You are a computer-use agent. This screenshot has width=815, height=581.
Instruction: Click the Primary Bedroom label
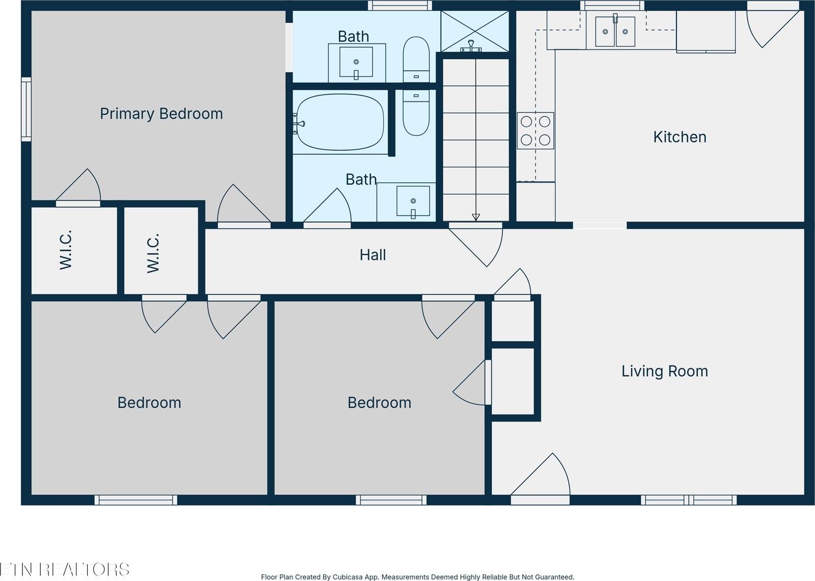pyautogui.click(x=161, y=114)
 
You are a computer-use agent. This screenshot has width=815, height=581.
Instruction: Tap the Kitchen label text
pyautogui.click(x=679, y=137)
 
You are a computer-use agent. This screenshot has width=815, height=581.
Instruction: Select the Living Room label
pyautogui.click(x=665, y=372)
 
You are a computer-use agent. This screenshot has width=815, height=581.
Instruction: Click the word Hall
pyautogui.click(x=373, y=255)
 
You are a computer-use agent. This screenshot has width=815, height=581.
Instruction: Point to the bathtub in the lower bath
pyautogui.click(x=340, y=122)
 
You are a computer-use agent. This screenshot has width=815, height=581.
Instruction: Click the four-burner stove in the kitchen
pyautogui.click(x=536, y=130)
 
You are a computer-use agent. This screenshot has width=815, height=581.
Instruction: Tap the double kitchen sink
pyautogui.click(x=615, y=32)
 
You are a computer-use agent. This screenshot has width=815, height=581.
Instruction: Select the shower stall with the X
pyautogui.click(x=475, y=31)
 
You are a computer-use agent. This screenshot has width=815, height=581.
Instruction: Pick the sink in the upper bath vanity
pyautogui.click(x=356, y=62)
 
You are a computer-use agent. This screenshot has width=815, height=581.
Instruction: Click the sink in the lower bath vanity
pyautogui.click(x=413, y=201)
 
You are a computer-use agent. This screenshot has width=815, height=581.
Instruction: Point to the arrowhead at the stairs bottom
pyautogui.click(x=476, y=217)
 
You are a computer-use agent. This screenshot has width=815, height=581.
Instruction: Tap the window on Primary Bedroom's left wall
pyautogui.click(x=26, y=109)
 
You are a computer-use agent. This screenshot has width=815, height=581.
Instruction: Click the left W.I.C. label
pyautogui.click(x=65, y=250)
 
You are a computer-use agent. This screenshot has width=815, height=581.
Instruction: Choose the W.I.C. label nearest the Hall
pyautogui.click(x=153, y=253)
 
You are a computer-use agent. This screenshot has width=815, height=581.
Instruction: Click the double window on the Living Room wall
pyautogui.click(x=689, y=500)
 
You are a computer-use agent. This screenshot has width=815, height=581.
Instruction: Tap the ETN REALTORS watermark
pyautogui.click(x=65, y=569)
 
